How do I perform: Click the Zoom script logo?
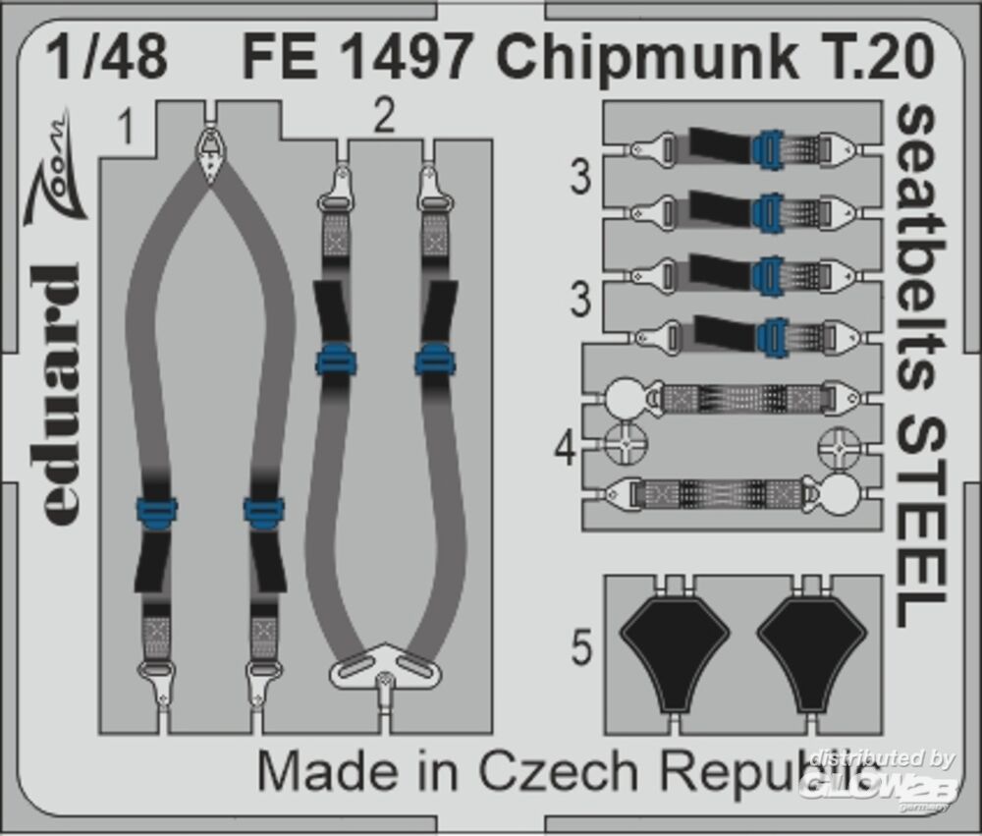click(54, 169)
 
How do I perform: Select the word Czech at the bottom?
click(559, 772)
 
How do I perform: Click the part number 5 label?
click(581, 647)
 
